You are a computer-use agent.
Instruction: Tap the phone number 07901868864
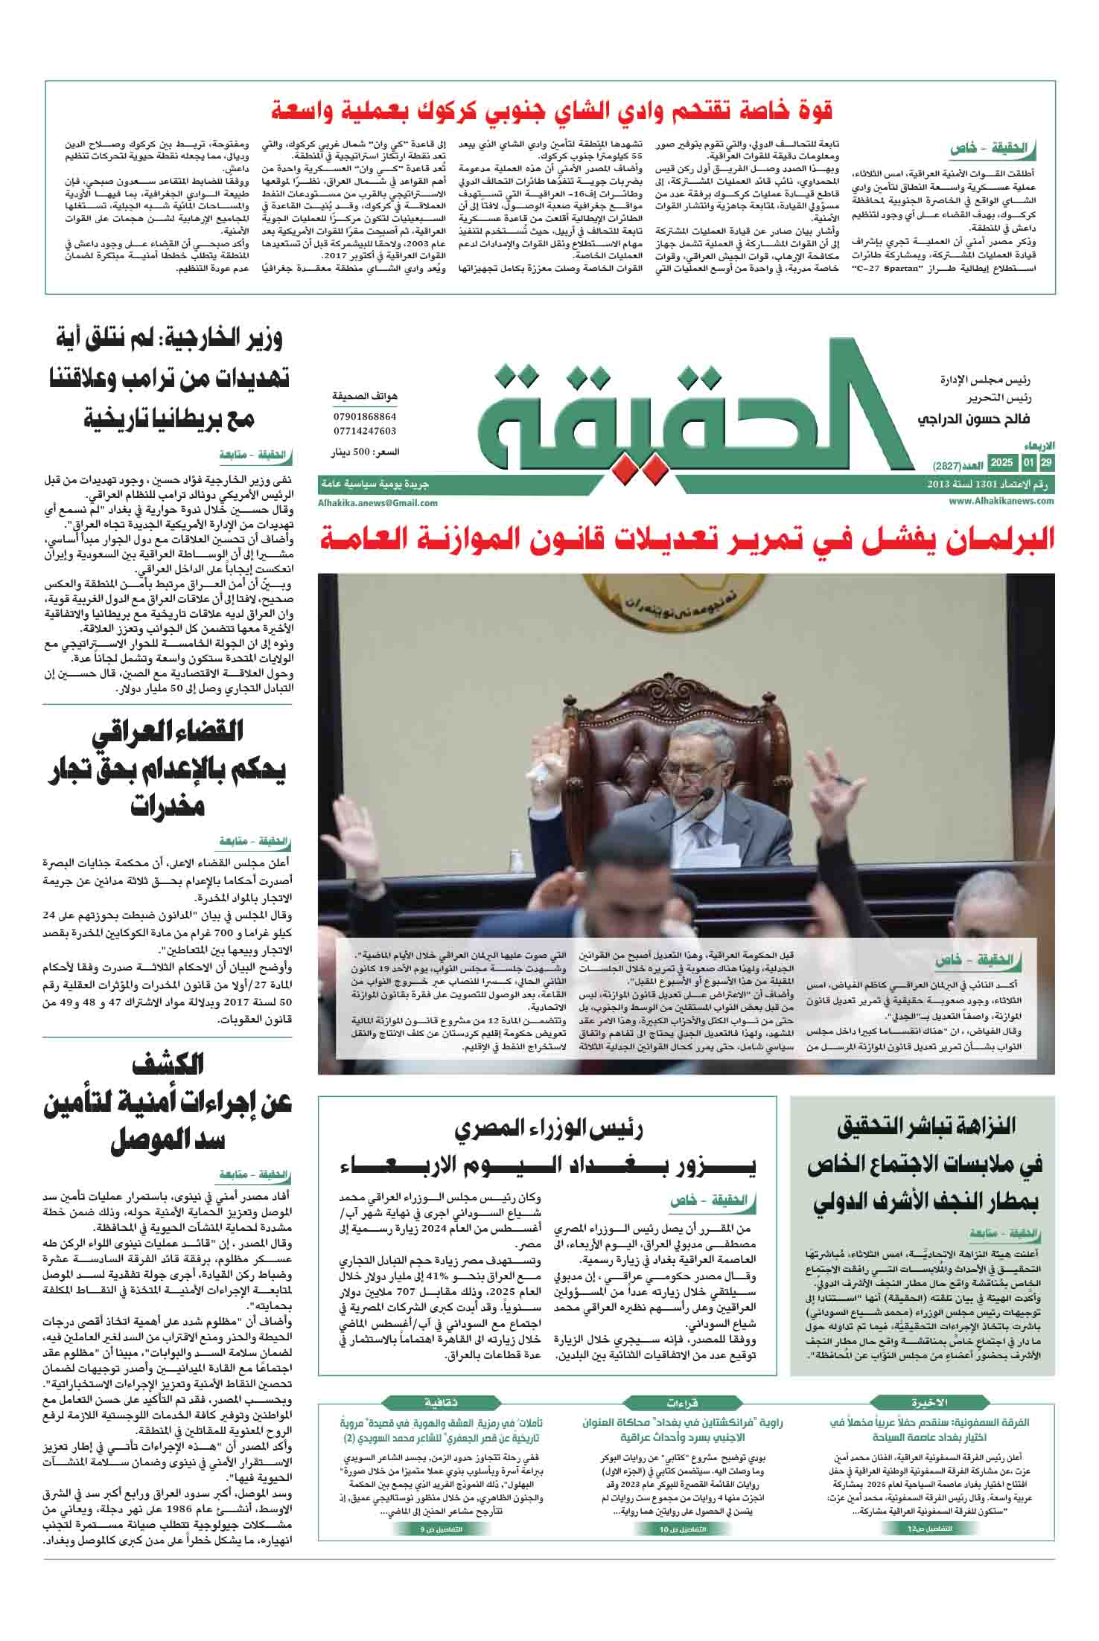[x=364, y=417]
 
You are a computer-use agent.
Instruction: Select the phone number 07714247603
[x=364, y=431]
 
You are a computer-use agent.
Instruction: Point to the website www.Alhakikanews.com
[x=1001, y=502]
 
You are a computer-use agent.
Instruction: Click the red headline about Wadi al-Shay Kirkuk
[x=551, y=110]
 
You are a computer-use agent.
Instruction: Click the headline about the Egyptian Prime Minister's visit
[x=548, y=1149]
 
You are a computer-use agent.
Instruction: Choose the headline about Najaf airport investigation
[x=924, y=1164]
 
